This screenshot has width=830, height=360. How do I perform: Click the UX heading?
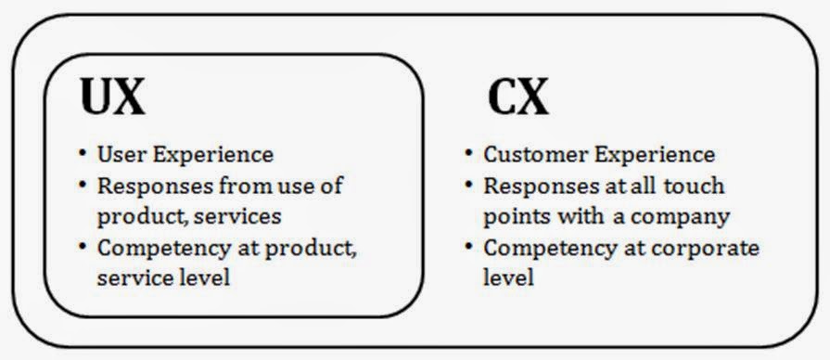[112, 96]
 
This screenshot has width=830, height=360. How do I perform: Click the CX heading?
[517, 96]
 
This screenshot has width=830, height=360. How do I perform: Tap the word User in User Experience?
[120, 154]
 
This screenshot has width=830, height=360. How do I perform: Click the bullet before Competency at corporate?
[470, 248]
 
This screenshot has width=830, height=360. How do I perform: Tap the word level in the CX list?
[508, 276]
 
